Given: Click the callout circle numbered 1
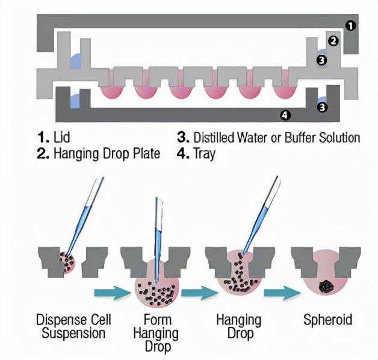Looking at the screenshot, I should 351,25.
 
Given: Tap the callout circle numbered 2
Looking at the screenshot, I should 335,42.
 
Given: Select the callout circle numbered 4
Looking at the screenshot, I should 285,114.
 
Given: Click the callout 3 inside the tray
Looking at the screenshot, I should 323,107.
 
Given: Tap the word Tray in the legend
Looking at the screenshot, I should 205,154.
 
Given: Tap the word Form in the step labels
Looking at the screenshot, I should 157,319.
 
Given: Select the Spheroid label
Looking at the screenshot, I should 327,319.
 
